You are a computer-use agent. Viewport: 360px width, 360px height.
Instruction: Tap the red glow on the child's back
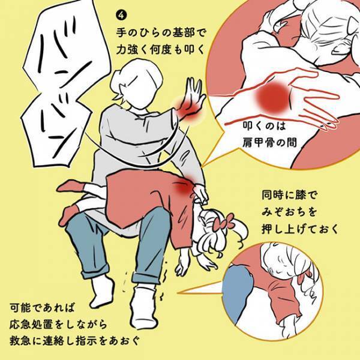tap(183, 187)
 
